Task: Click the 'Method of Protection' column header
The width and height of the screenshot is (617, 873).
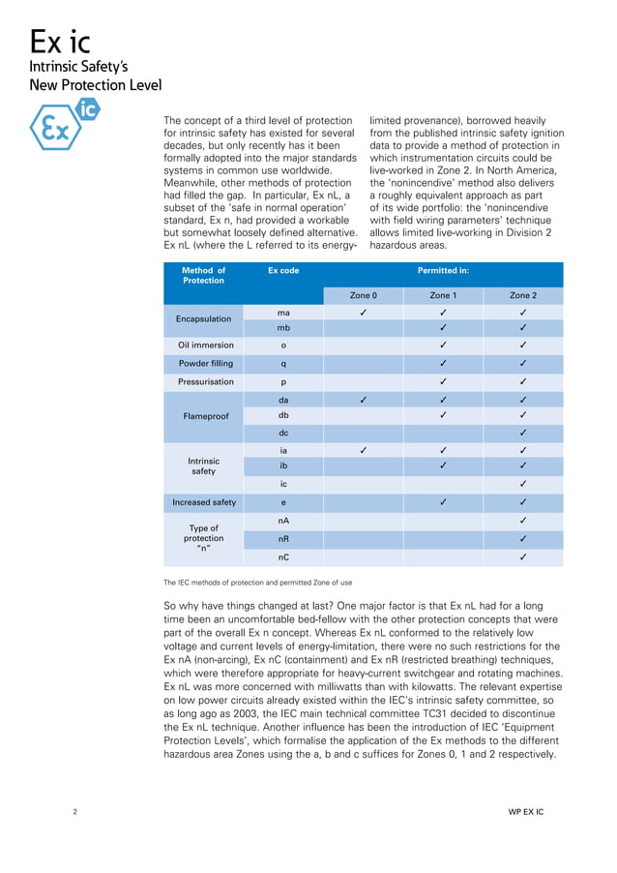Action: click(203, 275)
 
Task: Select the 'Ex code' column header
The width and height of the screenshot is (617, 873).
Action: click(282, 271)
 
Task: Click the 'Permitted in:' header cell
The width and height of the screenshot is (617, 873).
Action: click(442, 271)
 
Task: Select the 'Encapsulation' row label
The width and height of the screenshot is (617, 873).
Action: click(203, 318)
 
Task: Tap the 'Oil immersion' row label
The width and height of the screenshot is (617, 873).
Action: click(203, 345)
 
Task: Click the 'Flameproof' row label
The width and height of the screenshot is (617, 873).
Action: click(203, 416)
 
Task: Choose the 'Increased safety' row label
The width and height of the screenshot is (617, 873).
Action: click(203, 502)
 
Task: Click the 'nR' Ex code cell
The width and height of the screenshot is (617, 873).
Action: click(282, 538)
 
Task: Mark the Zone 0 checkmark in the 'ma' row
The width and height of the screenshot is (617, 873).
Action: click(363, 313)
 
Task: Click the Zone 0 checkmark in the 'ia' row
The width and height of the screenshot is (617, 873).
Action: click(363, 449)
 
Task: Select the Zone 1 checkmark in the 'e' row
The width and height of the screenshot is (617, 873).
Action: click(442, 502)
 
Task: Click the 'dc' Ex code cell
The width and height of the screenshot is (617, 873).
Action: click(282, 433)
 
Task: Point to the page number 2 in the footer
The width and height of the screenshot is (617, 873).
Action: click(75, 812)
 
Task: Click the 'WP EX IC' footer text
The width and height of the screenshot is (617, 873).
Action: click(525, 812)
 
